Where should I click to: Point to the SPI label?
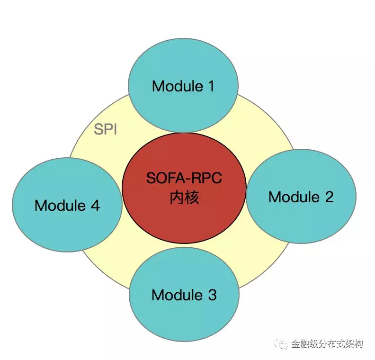(105, 129)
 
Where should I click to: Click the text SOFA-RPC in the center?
(184, 179)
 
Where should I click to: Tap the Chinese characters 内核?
(184, 198)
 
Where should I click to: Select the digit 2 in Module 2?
(328, 197)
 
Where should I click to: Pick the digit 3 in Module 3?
(212, 295)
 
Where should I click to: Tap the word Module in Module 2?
(294, 197)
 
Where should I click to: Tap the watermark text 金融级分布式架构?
(327, 344)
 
